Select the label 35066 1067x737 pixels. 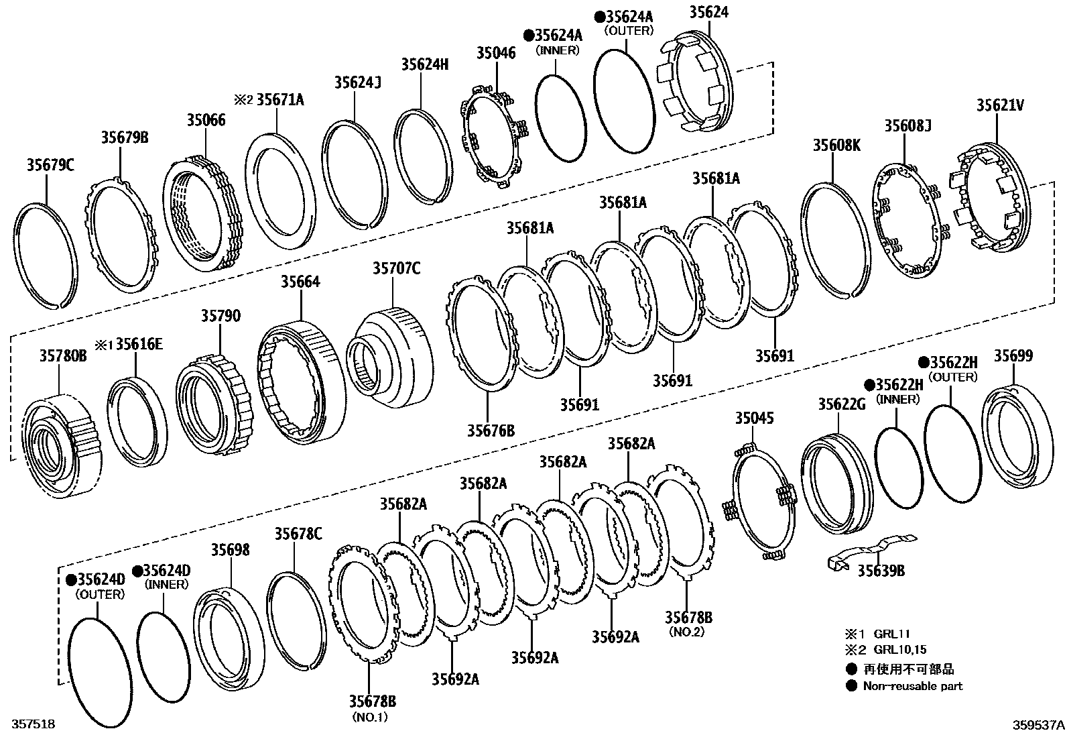[x=206, y=120]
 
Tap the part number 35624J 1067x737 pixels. [x=357, y=82]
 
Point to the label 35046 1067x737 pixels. [x=496, y=52]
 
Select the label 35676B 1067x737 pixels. [x=491, y=430]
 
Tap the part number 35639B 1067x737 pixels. [x=881, y=570]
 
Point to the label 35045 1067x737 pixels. [x=754, y=418]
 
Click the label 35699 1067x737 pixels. [x=1013, y=355]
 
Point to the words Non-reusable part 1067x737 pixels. [x=912, y=685]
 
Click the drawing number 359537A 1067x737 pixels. [x=1038, y=724]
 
